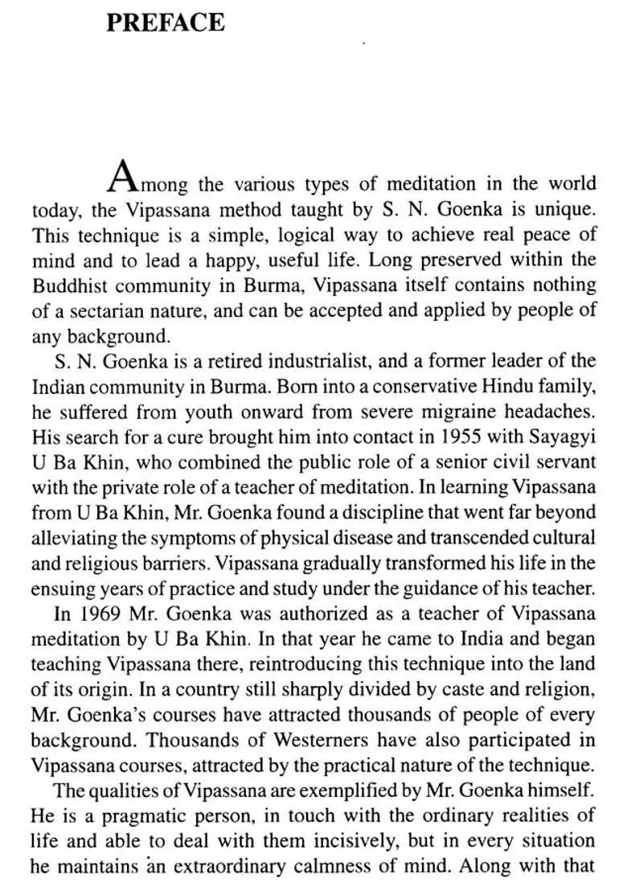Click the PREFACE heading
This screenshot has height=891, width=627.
pos(165,22)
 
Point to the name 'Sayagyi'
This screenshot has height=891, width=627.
pos(557,437)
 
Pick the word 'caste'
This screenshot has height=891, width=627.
pos(437,689)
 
